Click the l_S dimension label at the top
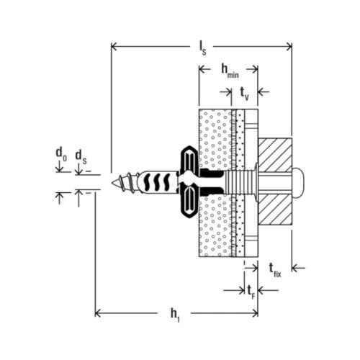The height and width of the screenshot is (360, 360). [204, 46]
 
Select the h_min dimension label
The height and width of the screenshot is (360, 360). [229, 70]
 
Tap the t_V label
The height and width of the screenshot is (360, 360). [245, 91]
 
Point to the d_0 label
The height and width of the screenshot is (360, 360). [61, 153]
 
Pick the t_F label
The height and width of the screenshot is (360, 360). [250, 291]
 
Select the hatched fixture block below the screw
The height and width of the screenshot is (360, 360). [273, 210]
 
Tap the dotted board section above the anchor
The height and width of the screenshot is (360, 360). [216, 137]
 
